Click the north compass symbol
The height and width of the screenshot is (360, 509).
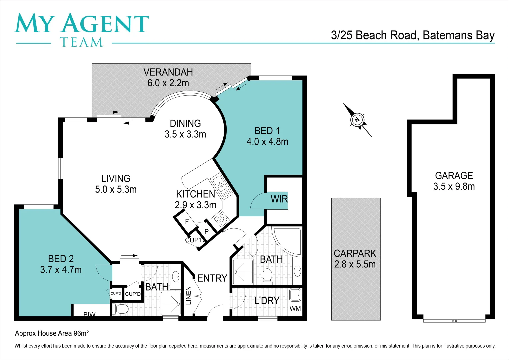point(357,120)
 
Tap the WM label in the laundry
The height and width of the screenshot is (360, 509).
point(295,309)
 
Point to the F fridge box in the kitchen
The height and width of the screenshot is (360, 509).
point(187,221)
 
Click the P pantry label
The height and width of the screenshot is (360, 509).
point(206,231)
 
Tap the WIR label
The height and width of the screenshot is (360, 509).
point(279,199)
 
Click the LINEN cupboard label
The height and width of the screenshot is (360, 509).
point(188,295)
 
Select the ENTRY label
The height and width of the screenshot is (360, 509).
point(212,278)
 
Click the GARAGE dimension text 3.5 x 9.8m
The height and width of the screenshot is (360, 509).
point(454,187)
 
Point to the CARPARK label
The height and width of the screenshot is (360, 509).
point(355,253)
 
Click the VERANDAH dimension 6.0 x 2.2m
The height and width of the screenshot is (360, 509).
point(168,83)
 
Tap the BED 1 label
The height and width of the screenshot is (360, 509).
point(267,131)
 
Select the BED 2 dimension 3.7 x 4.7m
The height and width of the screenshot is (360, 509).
point(61,270)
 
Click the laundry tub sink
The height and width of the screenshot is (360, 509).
point(295,295)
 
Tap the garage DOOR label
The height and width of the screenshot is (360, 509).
point(455,321)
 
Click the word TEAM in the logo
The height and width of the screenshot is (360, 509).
point(81,42)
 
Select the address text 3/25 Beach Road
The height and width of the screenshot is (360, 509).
point(374,35)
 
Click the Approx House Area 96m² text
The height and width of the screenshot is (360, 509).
point(52,333)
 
